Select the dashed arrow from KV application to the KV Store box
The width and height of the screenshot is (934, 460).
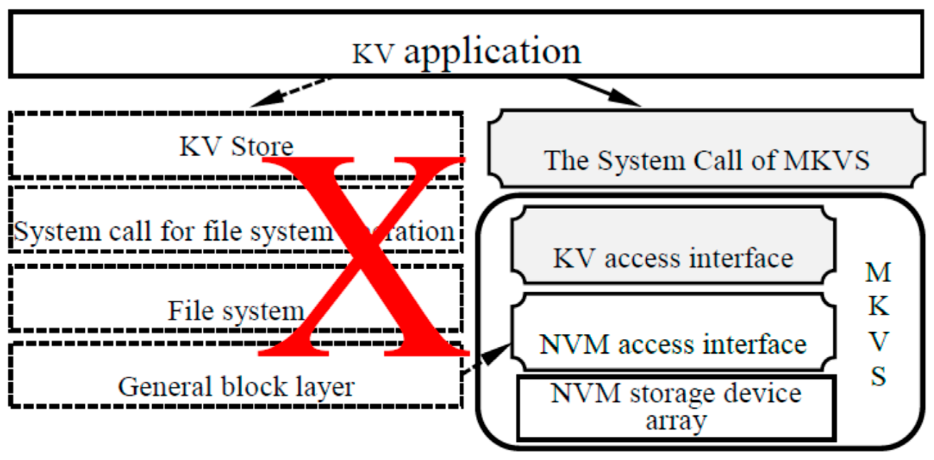click(290, 93)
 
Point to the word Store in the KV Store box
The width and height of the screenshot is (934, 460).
click(262, 147)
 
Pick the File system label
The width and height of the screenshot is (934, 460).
click(236, 311)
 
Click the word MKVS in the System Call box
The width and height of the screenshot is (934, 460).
click(827, 160)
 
